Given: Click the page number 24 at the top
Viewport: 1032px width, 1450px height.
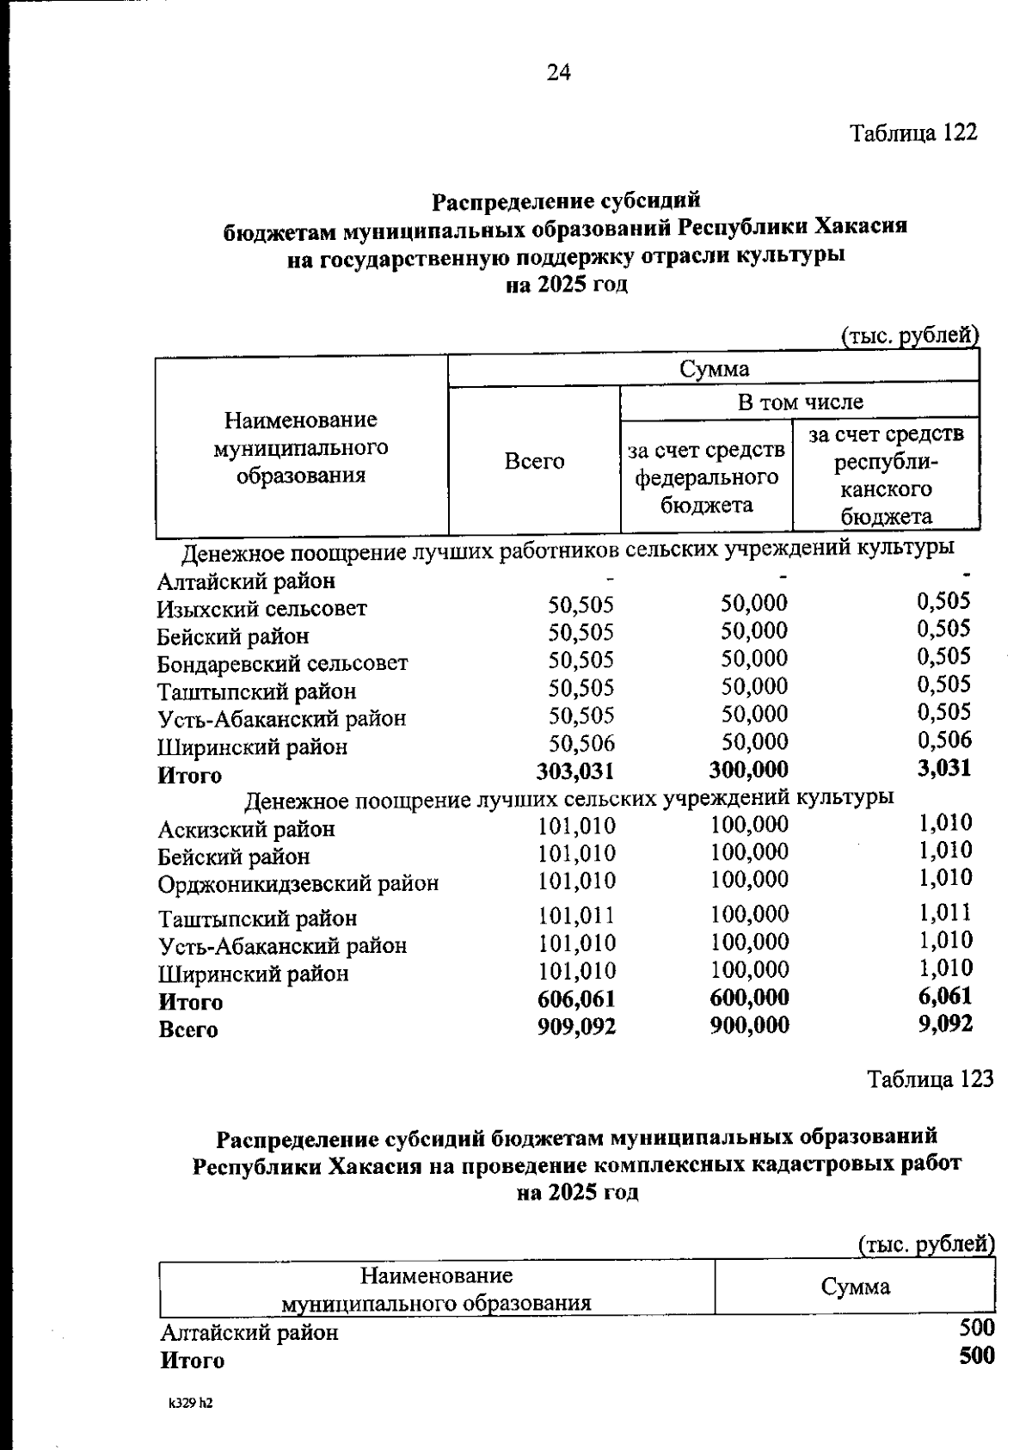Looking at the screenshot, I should click(558, 73).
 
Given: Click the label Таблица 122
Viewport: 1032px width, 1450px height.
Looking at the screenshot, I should click(913, 133).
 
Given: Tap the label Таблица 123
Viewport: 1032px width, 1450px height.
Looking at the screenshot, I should click(930, 1079).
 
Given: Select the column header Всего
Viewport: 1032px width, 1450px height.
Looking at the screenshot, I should click(534, 462).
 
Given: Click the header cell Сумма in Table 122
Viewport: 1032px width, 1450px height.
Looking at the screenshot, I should click(714, 370).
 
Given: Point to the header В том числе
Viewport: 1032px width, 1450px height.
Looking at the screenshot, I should click(800, 402).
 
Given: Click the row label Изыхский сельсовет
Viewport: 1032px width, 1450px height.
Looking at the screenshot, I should click(261, 609).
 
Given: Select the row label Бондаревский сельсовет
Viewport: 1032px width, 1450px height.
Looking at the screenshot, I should click(282, 664).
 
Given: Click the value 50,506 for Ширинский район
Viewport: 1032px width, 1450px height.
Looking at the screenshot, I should click(581, 743).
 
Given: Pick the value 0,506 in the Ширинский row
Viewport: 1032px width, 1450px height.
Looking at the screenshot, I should click(943, 740).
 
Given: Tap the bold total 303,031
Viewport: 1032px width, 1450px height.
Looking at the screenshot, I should click(575, 771).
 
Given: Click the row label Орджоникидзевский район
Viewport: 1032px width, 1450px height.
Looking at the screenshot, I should click(298, 884).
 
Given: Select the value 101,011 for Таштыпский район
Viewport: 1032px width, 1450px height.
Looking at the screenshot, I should click(576, 915).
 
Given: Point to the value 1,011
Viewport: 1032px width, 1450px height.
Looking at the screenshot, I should click(945, 912).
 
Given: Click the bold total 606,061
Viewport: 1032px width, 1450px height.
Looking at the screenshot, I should click(575, 998).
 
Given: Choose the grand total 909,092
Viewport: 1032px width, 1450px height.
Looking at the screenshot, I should click(575, 1026).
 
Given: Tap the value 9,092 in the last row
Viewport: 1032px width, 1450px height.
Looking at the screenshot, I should click(945, 1024).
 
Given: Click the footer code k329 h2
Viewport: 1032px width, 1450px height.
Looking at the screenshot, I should click(189, 1404).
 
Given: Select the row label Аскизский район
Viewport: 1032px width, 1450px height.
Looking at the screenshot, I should click(246, 830).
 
